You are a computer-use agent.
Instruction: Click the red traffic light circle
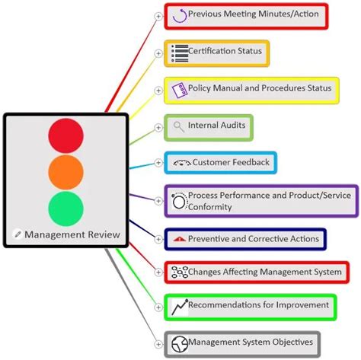[x=66, y=135]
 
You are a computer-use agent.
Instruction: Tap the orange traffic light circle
[x=66, y=173]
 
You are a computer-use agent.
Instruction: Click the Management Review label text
[x=72, y=234]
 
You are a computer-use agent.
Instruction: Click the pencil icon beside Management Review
[x=18, y=234]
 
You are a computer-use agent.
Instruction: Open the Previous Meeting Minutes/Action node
[x=246, y=14]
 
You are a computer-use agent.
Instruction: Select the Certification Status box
[x=217, y=52]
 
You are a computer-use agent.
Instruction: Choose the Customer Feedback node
[x=220, y=163]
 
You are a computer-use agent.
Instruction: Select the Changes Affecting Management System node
[x=257, y=272]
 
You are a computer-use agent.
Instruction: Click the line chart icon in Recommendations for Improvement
[x=180, y=307]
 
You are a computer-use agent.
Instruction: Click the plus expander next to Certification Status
[x=158, y=53]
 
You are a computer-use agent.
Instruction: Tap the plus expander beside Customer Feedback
[x=158, y=163]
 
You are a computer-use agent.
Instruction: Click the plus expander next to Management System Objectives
[x=158, y=343]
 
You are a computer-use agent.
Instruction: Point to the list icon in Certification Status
[x=180, y=53]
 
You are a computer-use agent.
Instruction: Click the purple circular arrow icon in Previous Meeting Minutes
[x=180, y=14]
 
